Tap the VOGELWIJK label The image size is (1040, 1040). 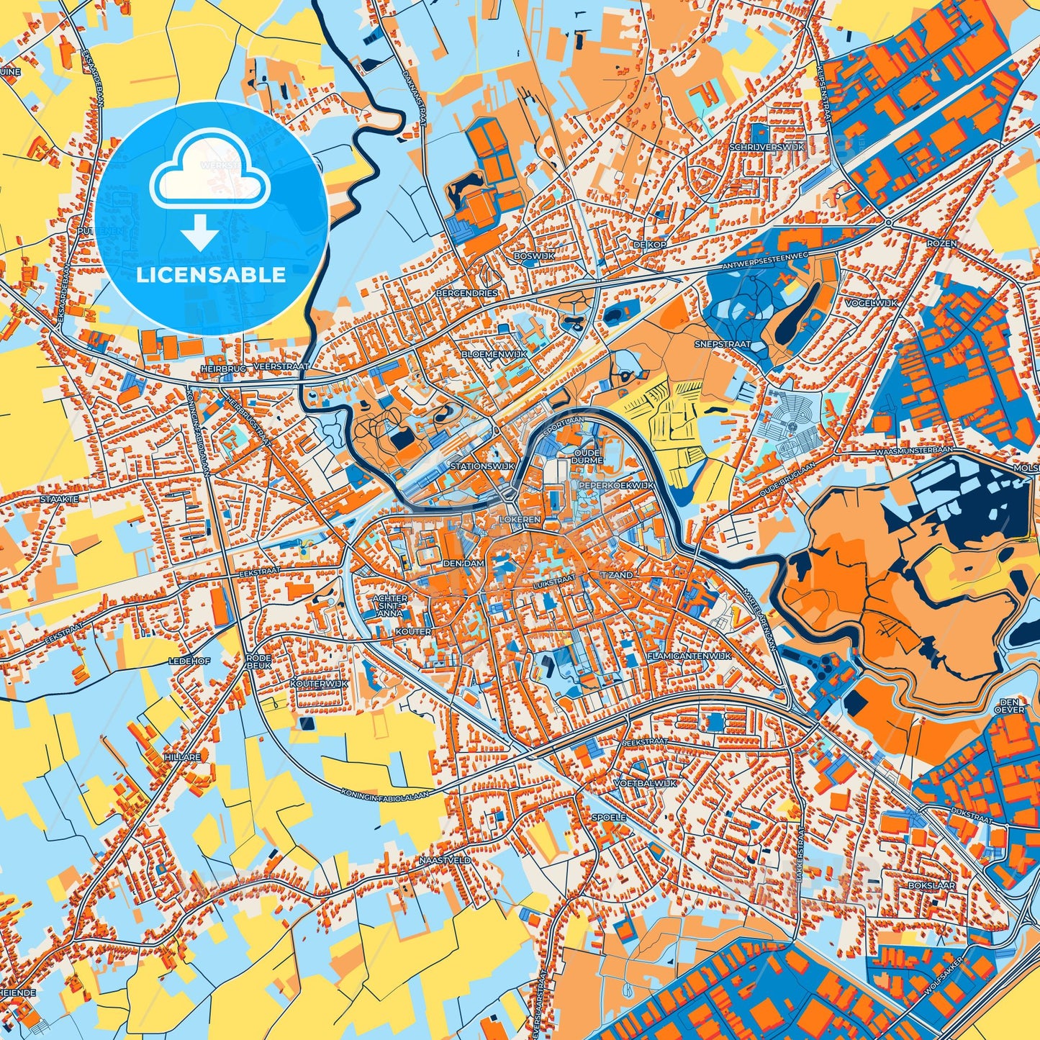[872, 303]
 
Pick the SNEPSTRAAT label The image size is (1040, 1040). [722, 344]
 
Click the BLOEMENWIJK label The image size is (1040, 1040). [494, 354]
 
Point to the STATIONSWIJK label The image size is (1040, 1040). [482, 466]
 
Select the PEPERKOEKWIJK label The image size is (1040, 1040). [616, 485]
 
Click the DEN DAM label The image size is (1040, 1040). [464, 563]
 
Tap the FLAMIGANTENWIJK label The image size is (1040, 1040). [689, 656]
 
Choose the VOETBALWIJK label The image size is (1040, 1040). [645, 783]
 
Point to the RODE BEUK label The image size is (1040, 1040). [258, 662]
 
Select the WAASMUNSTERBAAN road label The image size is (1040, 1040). [913, 450]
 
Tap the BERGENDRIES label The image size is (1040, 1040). [466, 294]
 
